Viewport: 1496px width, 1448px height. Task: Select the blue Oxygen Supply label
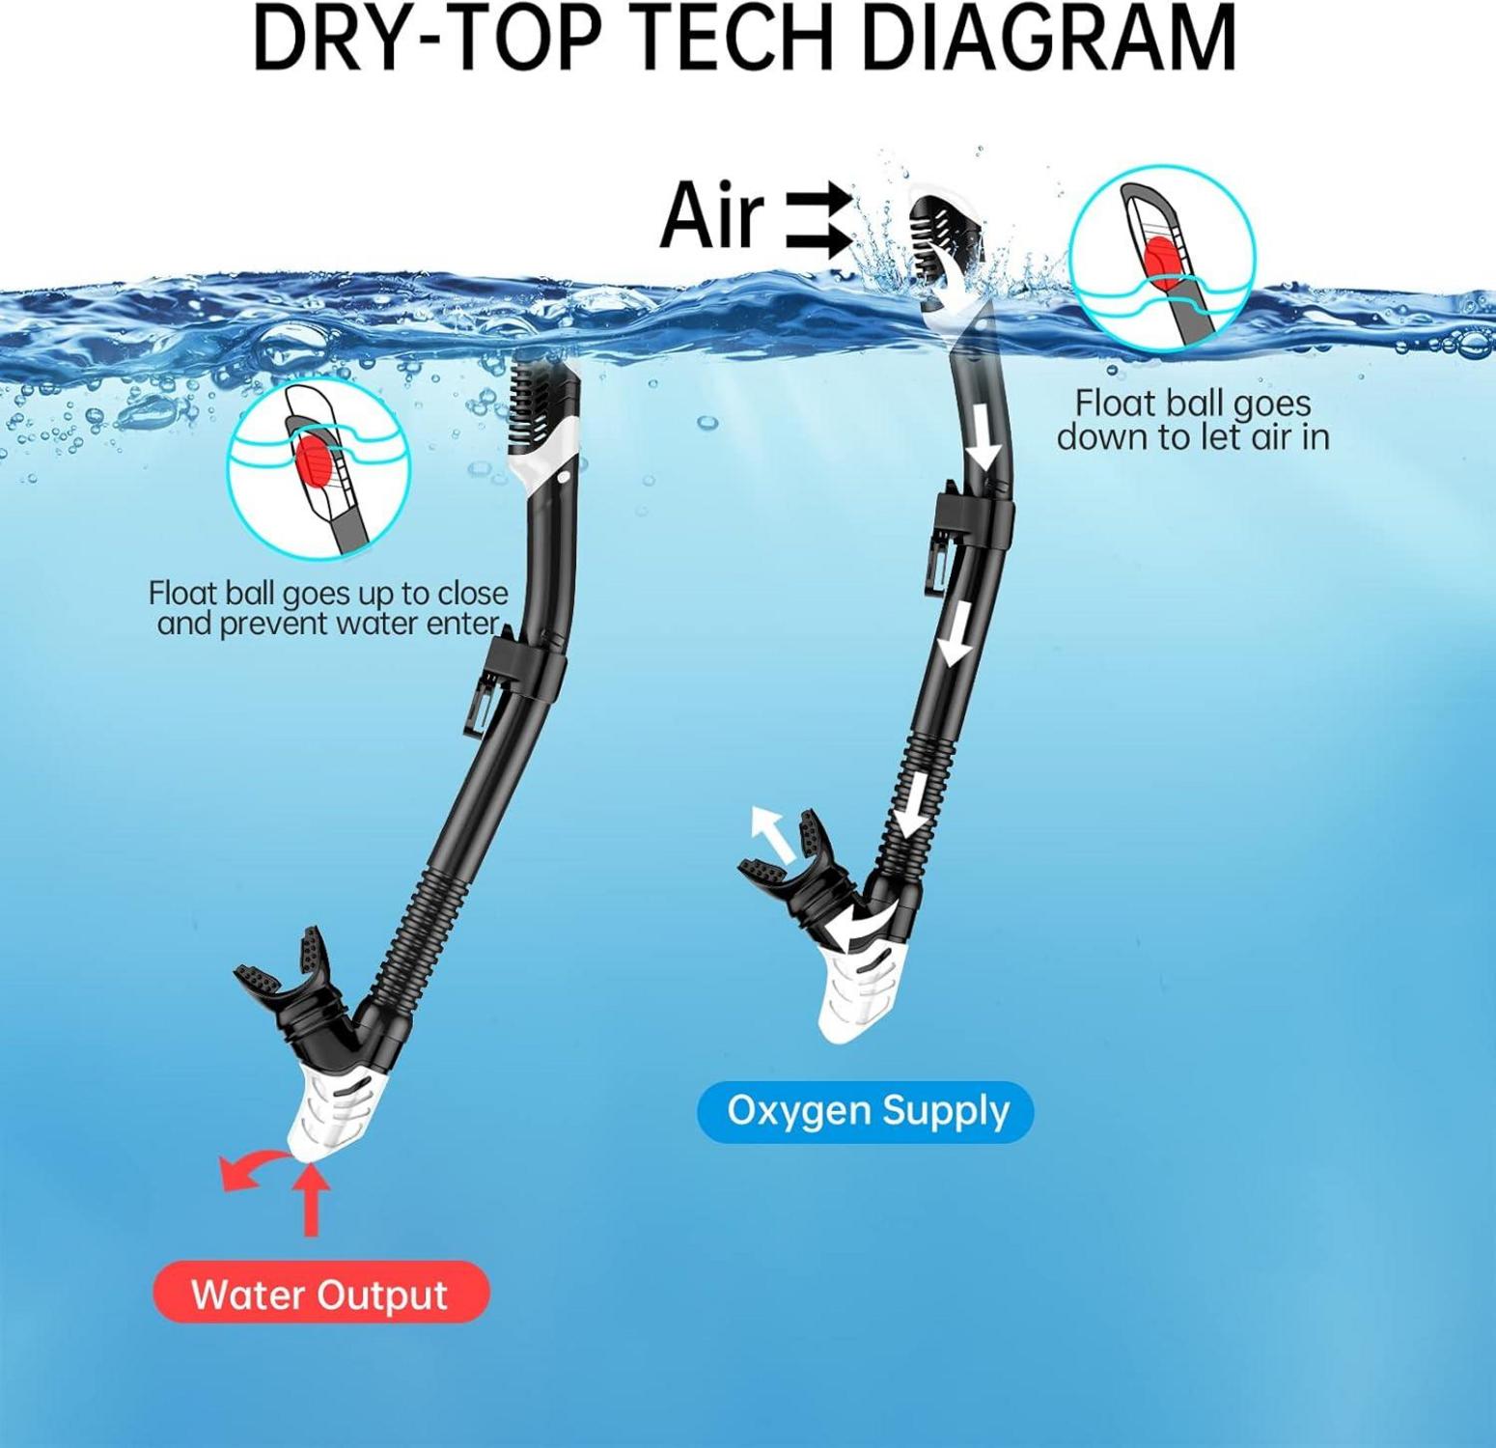click(866, 1111)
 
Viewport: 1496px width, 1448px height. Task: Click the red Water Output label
click(320, 1293)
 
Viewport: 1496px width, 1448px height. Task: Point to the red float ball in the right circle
click(1158, 260)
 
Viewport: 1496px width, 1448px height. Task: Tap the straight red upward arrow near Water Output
click(310, 1201)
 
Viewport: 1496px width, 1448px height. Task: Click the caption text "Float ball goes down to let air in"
click(1193, 420)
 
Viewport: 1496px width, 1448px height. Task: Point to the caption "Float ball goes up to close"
click(328, 592)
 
